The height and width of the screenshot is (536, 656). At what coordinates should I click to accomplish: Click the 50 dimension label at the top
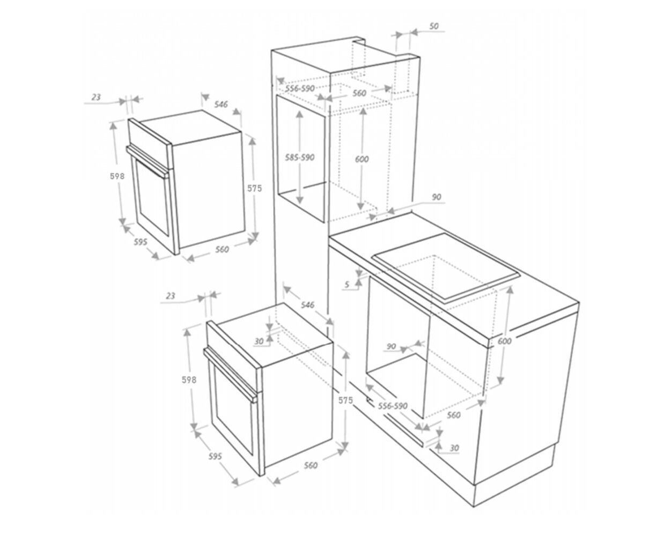(x=433, y=26)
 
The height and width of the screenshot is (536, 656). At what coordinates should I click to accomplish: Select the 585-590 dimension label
(x=299, y=158)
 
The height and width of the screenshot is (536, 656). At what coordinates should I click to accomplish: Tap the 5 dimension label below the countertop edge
(x=347, y=284)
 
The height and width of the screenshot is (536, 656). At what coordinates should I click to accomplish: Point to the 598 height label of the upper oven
(x=117, y=176)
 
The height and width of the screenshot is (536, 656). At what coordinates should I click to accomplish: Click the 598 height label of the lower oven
(x=189, y=379)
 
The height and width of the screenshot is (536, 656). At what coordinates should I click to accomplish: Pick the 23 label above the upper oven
(x=96, y=98)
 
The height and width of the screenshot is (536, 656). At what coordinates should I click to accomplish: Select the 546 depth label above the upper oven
(x=221, y=104)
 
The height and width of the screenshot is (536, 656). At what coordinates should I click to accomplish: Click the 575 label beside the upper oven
(x=254, y=188)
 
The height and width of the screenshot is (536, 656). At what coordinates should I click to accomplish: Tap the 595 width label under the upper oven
(x=141, y=242)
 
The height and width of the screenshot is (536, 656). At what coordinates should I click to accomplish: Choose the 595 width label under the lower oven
(x=215, y=457)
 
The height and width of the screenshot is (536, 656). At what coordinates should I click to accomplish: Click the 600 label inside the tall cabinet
(x=362, y=159)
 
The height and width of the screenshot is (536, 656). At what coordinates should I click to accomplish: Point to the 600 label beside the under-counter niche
(x=505, y=341)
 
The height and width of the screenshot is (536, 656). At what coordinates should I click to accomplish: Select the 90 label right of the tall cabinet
(x=437, y=197)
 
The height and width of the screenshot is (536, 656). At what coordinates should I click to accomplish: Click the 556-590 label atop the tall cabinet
(x=300, y=88)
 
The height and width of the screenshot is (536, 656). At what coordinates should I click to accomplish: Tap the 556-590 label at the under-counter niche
(x=393, y=406)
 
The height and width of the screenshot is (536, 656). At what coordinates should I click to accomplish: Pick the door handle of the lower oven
(x=231, y=375)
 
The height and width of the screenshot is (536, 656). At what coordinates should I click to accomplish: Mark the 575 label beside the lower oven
(x=345, y=400)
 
